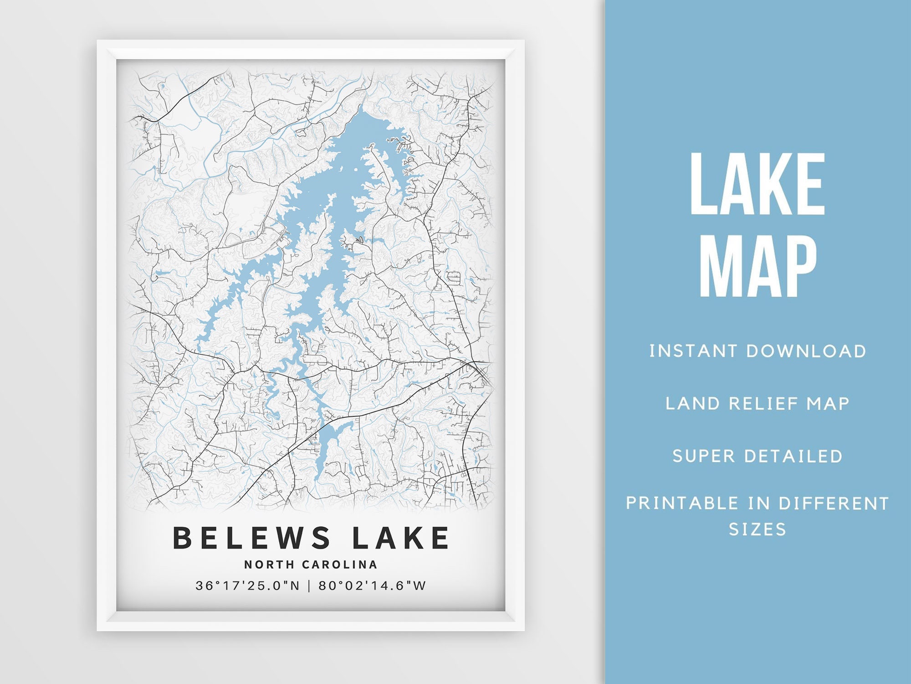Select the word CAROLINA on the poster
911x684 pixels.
coord(340,565)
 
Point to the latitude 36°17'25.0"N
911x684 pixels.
coord(248,586)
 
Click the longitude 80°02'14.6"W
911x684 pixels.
coord(372,586)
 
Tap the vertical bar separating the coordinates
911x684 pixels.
coord(309,586)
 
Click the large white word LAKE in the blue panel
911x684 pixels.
coord(757,184)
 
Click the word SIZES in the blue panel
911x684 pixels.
coord(757,529)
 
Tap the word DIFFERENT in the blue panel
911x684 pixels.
coord(834,503)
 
